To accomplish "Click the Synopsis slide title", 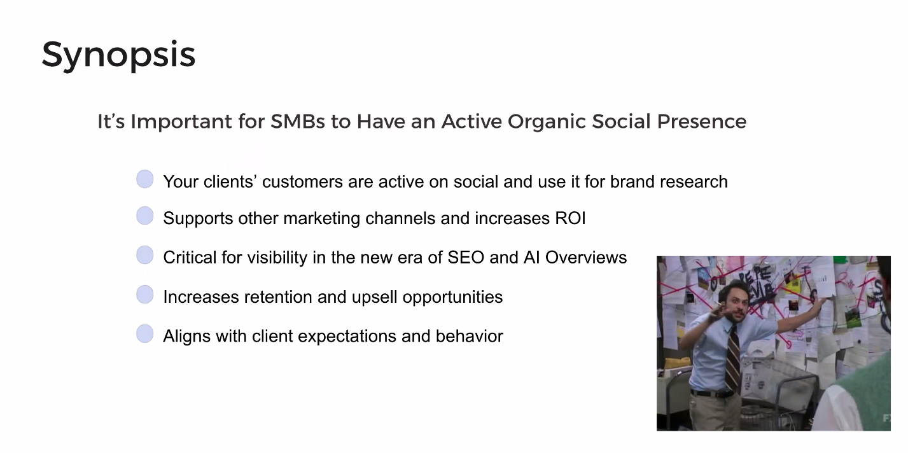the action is click(118, 55).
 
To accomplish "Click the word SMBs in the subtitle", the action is click(298, 121).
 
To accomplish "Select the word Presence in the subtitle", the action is click(702, 121).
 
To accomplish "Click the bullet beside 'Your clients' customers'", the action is click(144, 179).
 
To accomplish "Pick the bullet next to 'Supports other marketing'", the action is click(144, 216).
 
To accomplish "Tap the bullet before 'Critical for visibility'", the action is click(144, 255).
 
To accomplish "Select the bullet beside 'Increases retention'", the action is click(144, 294).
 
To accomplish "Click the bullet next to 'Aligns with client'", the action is click(144, 333).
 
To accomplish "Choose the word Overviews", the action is click(586, 258).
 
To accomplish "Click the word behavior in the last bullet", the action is click(470, 337).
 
